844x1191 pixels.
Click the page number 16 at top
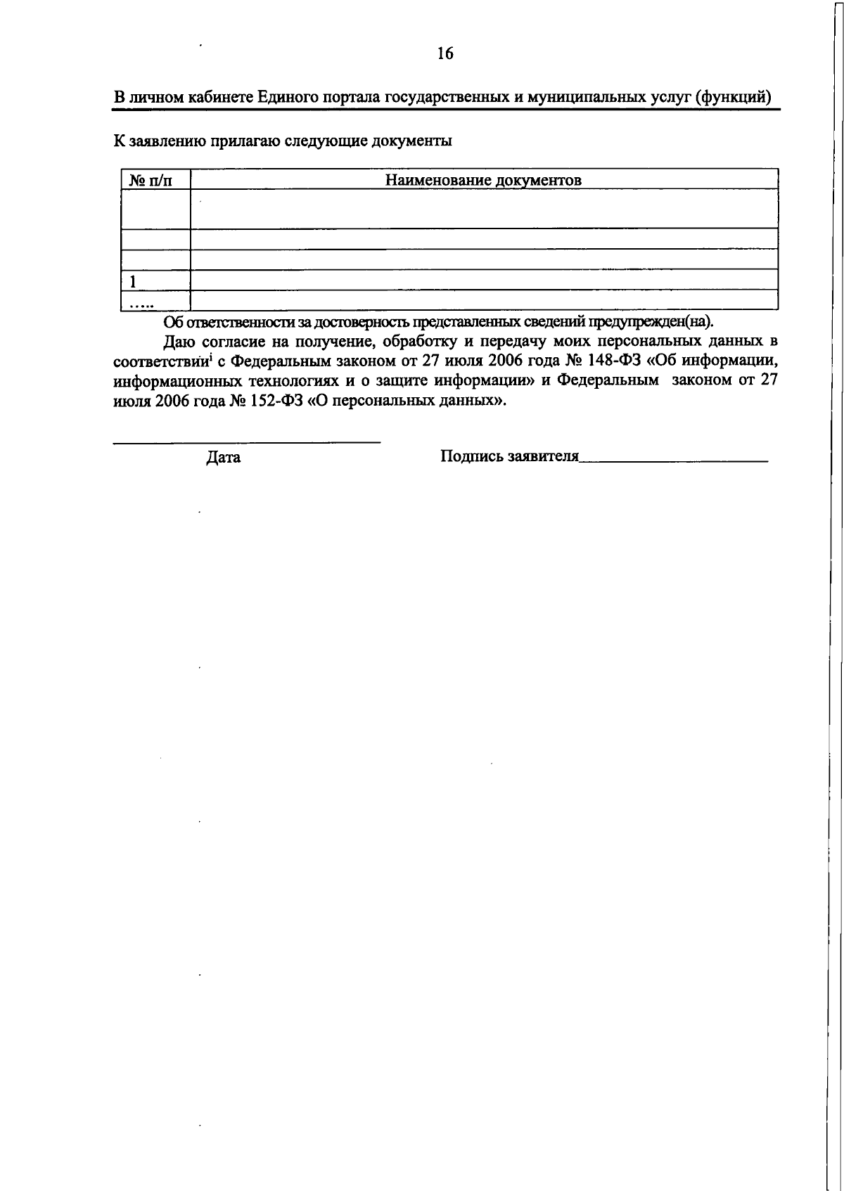click(x=445, y=53)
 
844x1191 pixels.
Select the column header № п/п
click(x=151, y=181)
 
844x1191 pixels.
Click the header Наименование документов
click(x=483, y=180)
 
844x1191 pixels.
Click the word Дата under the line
click(x=224, y=458)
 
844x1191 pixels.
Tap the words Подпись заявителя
click(x=509, y=456)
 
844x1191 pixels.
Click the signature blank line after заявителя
click(x=673, y=461)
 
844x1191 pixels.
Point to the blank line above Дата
click(x=247, y=442)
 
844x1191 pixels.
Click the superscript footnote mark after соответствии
click(x=212, y=359)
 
